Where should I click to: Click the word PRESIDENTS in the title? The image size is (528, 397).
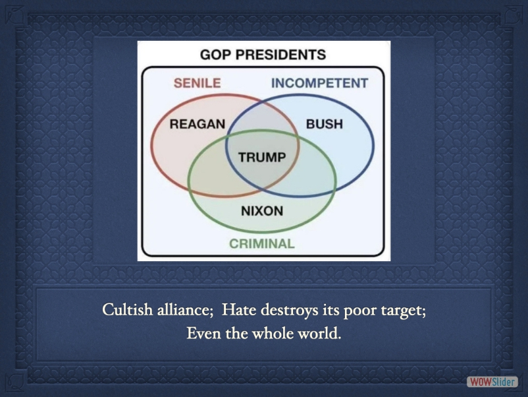point(280,55)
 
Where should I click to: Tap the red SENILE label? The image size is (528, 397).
point(197,83)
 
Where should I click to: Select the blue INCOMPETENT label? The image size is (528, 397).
point(319,83)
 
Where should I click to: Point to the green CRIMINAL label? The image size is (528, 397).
point(262,243)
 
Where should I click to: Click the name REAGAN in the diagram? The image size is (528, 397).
point(198,124)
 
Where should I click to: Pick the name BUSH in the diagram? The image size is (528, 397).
point(325,124)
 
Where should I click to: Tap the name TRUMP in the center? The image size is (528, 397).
point(262,157)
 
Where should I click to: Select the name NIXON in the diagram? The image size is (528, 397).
point(262,211)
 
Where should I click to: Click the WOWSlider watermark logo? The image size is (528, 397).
point(492,382)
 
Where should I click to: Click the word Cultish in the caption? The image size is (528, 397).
point(127,309)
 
